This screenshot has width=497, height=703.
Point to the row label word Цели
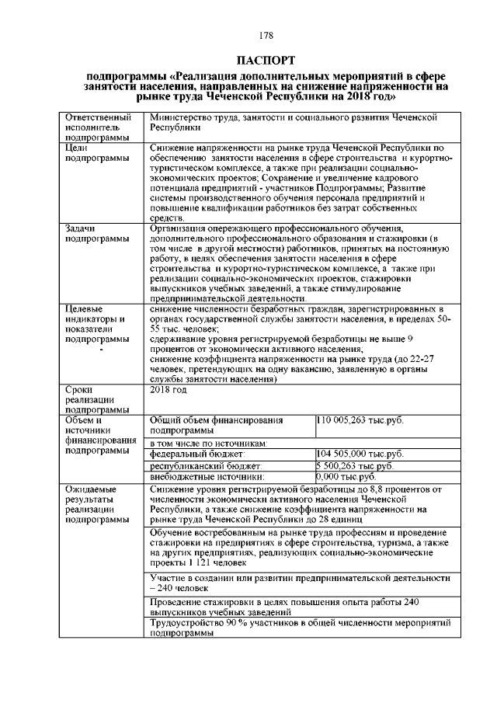78,147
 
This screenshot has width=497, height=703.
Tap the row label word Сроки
81,390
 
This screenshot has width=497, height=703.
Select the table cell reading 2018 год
169,390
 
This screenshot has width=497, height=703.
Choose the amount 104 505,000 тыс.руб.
360,453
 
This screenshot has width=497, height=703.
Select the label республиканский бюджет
205,465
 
